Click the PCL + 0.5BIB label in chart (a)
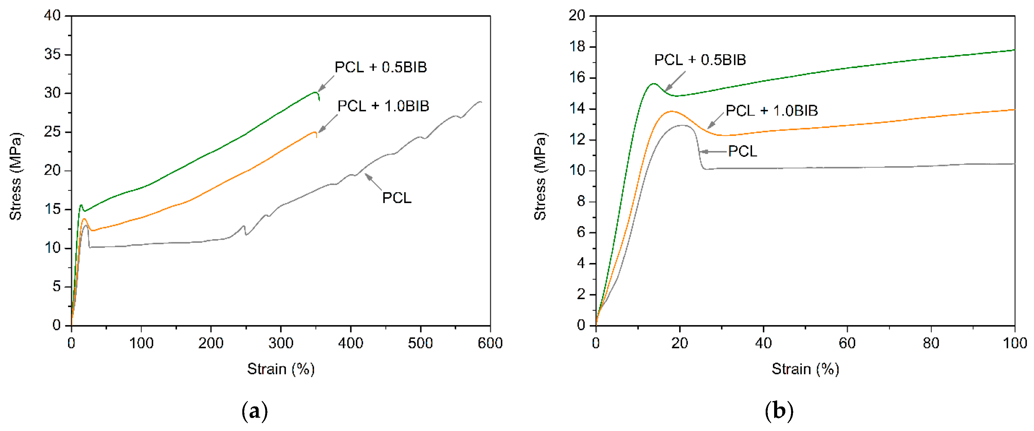[381, 67]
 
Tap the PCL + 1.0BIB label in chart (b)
[771, 110]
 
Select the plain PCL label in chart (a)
[397, 198]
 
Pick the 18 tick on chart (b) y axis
[577, 47]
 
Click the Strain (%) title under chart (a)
[280, 369]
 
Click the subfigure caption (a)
[254, 411]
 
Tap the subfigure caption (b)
[779, 411]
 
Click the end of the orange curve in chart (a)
[316, 137]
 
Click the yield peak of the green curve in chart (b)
[654, 84]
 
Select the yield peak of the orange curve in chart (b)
[671, 111]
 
